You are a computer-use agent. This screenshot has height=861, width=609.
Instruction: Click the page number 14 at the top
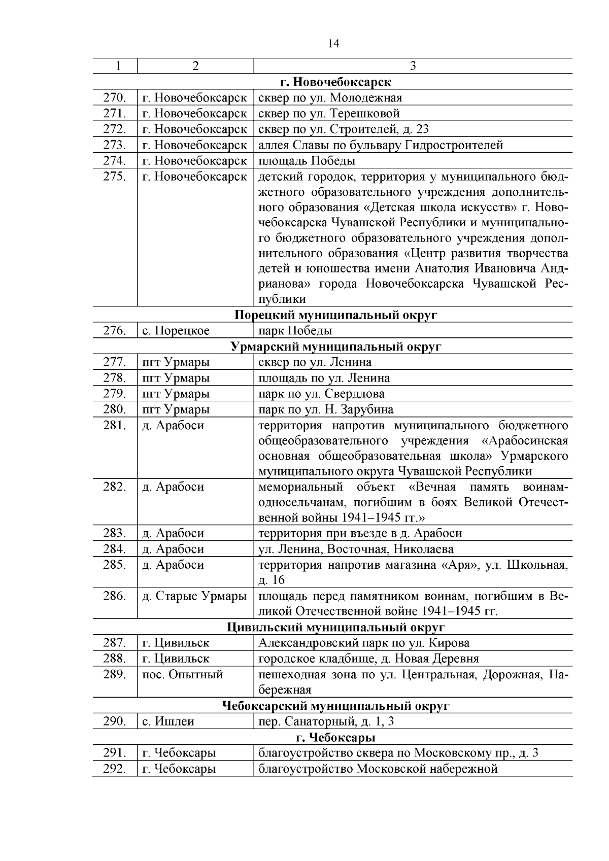tap(333, 44)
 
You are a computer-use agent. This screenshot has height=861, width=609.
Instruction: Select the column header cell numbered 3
tap(413, 66)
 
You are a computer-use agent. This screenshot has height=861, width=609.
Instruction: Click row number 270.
tap(115, 97)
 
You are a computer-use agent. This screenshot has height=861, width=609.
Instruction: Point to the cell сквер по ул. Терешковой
tap(329, 113)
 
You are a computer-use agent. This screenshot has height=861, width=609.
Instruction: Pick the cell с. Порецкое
tap(176, 331)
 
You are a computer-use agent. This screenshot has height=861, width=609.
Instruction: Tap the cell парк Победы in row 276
tap(295, 331)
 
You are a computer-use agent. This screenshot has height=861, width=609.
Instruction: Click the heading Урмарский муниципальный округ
tap(335, 347)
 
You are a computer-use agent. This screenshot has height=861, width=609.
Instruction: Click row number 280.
tap(115, 409)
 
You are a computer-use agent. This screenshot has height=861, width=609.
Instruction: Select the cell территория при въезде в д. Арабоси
tap(360, 533)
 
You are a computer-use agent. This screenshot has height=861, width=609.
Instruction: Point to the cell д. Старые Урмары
tap(194, 596)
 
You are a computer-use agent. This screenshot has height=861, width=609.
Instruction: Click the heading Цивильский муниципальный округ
tap(335, 628)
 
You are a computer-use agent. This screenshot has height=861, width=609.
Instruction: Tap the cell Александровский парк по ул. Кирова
tap(364, 643)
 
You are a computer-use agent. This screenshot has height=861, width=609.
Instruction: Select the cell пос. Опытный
tap(183, 675)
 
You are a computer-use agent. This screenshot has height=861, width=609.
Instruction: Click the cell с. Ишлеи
tap(168, 721)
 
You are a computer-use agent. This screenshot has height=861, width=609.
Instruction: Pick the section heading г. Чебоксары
tap(335, 737)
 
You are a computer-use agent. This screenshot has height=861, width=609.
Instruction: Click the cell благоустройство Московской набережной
tap(378, 769)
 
